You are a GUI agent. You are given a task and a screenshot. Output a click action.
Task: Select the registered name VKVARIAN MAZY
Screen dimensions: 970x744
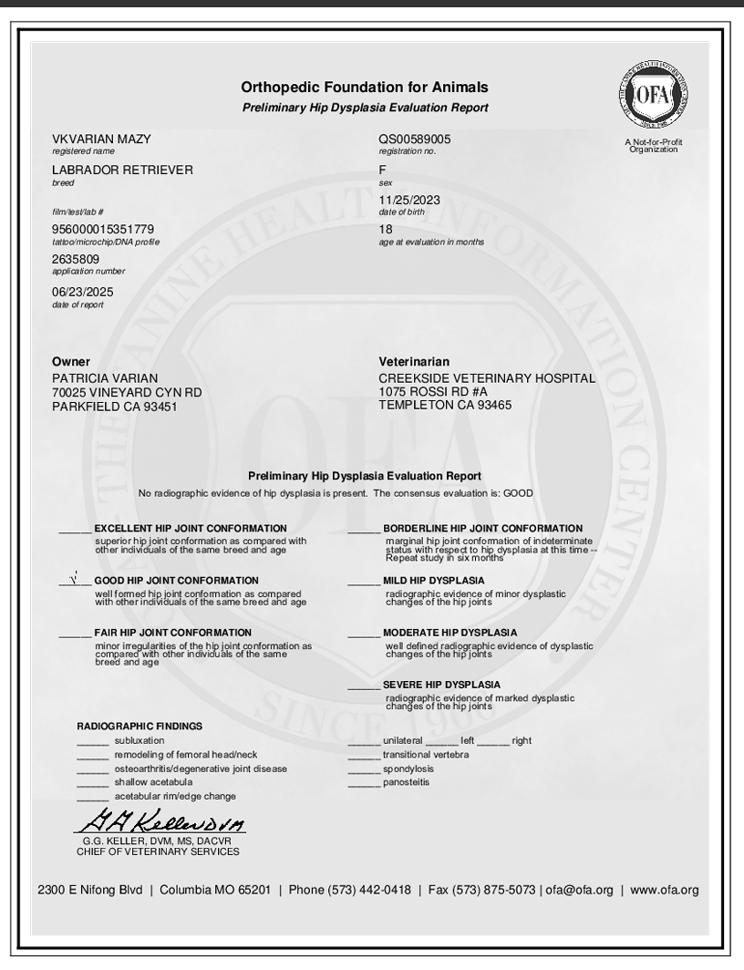point(101,139)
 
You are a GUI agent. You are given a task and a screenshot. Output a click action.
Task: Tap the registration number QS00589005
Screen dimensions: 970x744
point(414,139)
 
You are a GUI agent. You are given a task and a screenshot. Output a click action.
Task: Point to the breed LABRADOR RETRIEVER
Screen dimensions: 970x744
point(122,170)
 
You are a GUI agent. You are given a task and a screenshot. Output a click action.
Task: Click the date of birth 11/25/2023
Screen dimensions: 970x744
point(408,201)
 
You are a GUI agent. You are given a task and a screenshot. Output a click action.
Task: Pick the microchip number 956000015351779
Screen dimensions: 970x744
point(103,228)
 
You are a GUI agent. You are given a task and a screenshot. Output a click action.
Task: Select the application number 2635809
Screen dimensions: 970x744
point(77,259)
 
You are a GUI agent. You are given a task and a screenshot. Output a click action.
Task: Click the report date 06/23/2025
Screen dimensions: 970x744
point(84,292)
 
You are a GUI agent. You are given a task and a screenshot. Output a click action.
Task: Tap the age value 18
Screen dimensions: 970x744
point(385,229)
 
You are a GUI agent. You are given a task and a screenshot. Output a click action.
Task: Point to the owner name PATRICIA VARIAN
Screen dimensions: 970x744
point(105,378)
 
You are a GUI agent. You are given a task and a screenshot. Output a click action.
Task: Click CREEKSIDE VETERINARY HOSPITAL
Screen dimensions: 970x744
point(486,378)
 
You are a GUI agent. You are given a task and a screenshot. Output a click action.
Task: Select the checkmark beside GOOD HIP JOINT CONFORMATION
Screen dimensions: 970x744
point(73,579)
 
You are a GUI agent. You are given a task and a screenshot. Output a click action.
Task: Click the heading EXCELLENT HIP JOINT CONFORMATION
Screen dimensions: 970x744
point(191,529)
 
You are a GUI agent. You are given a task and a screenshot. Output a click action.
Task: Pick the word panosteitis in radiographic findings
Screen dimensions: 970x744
point(406,782)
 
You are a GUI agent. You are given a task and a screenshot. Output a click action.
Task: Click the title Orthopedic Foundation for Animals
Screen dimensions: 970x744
point(365,88)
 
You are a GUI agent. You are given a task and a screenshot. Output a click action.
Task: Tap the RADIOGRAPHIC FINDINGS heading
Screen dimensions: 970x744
point(139,727)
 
